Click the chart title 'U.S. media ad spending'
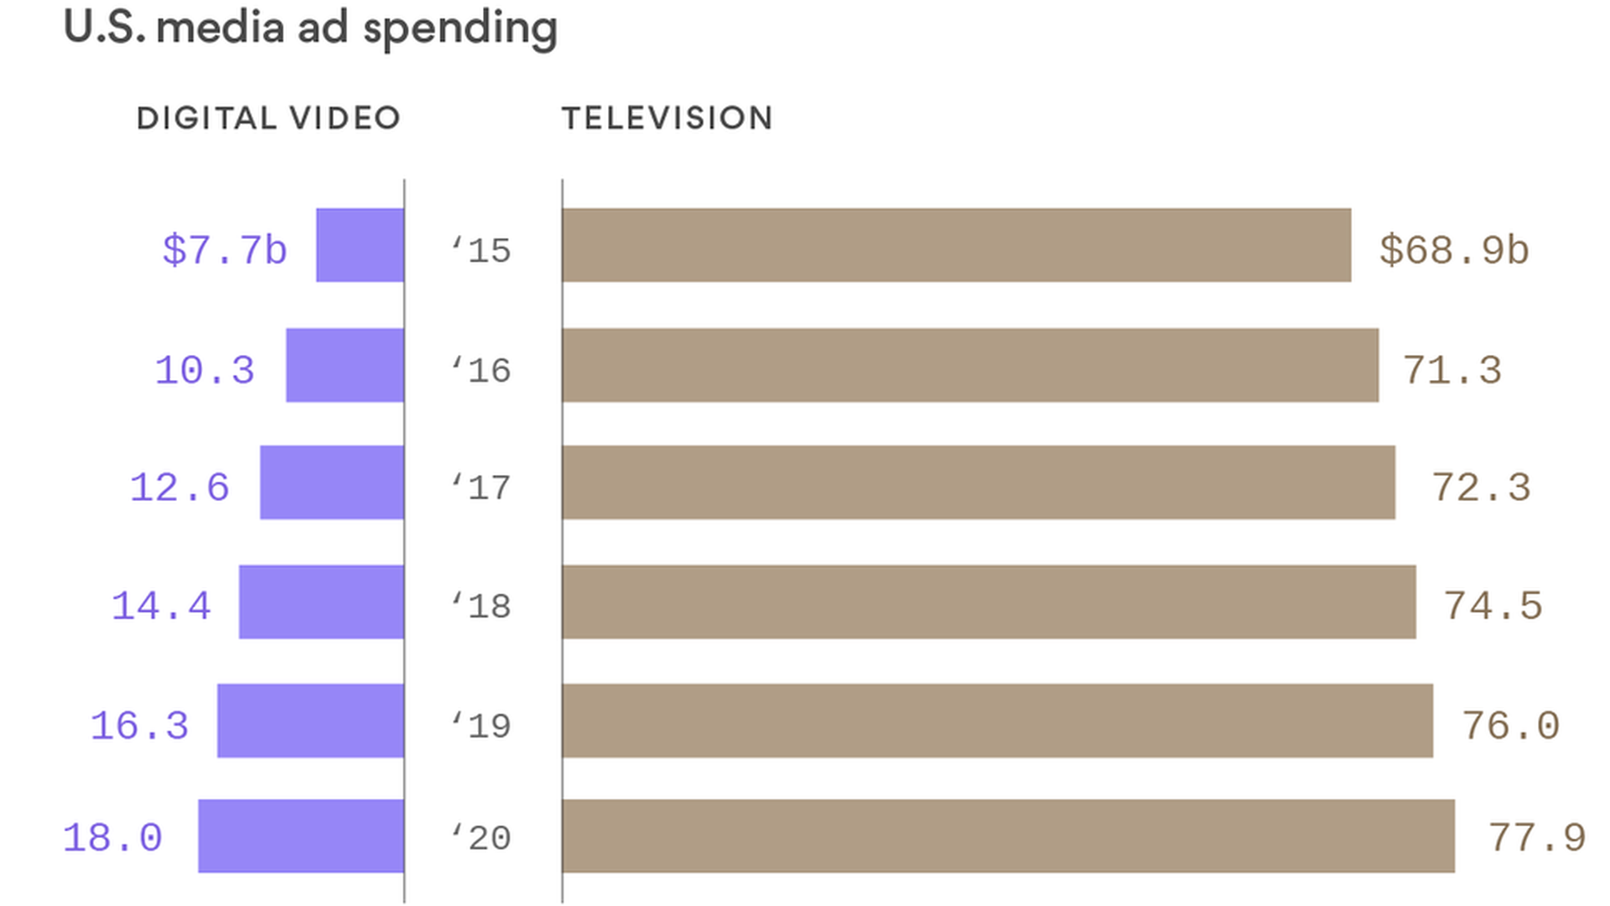(x=310, y=28)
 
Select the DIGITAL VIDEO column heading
(x=268, y=118)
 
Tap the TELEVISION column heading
(x=667, y=118)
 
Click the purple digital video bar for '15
(x=360, y=245)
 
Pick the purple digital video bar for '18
(x=321, y=601)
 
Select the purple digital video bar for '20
(x=301, y=836)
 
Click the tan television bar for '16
(x=970, y=365)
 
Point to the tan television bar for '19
(x=997, y=721)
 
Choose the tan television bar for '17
(x=979, y=482)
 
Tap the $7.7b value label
(x=224, y=250)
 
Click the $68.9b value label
(x=1454, y=250)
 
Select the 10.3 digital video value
(x=205, y=370)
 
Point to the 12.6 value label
(x=179, y=487)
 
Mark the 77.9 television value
(x=1536, y=837)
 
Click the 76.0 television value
(x=1510, y=726)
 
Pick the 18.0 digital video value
(x=112, y=837)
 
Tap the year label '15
(x=481, y=250)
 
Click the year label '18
(x=481, y=606)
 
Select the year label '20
(x=481, y=837)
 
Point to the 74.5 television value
(x=1493, y=606)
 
